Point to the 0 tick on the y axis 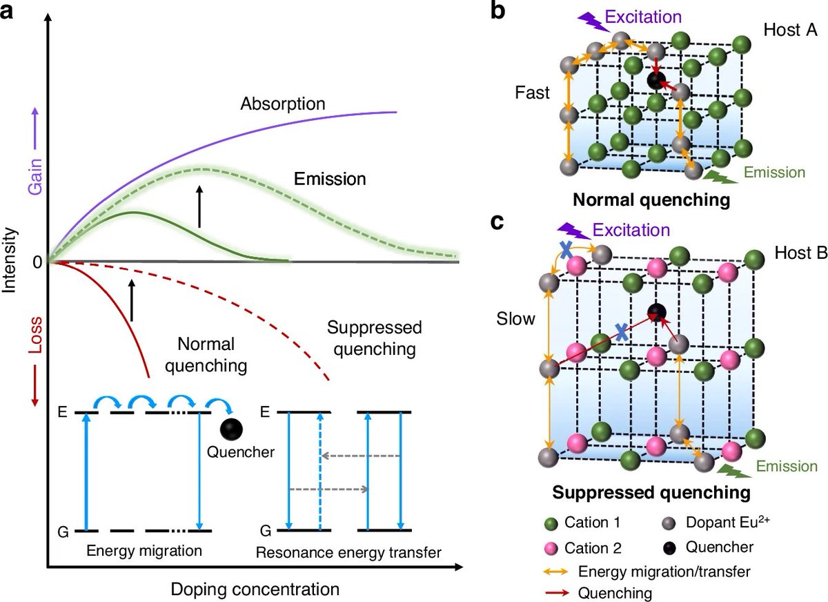point(36,262)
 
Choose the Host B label point(800,252)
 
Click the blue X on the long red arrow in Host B point(622,333)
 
